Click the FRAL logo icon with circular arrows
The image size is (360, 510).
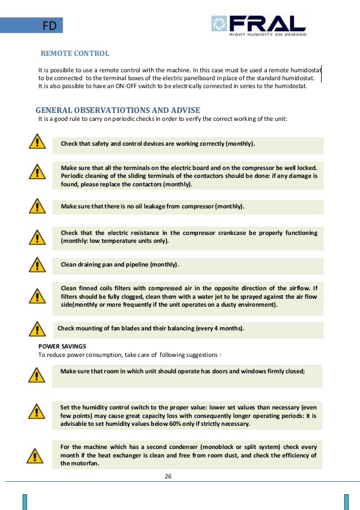219,24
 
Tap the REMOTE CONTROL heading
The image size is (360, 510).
75,54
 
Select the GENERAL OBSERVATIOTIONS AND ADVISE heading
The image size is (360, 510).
117,110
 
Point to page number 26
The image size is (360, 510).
168,476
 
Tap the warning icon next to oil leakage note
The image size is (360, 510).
37,206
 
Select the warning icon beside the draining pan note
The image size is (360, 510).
37,264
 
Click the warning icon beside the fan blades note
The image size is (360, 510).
37,328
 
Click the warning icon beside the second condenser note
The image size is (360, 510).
37,455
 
